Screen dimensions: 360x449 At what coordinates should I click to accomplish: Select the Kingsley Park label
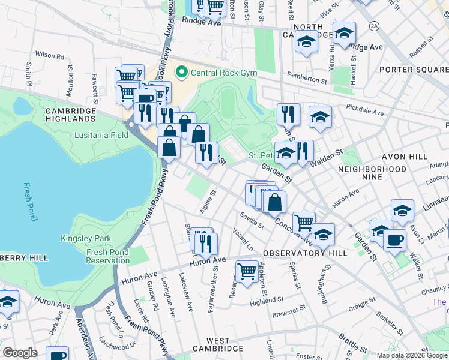[86, 238]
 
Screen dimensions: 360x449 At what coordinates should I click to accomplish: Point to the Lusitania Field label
[101, 135]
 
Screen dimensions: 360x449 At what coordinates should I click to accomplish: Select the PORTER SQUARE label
[414, 70]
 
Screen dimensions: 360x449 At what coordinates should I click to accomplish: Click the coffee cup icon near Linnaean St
[394, 240]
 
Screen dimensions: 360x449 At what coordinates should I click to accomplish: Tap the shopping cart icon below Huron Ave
[247, 271]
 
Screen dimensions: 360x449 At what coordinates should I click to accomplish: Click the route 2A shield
[375, 26]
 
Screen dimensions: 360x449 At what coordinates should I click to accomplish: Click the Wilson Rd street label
[50, 54]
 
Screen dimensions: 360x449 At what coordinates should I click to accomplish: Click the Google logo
[20, 352]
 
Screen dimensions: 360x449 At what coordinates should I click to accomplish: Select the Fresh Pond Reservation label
[107, 256]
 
